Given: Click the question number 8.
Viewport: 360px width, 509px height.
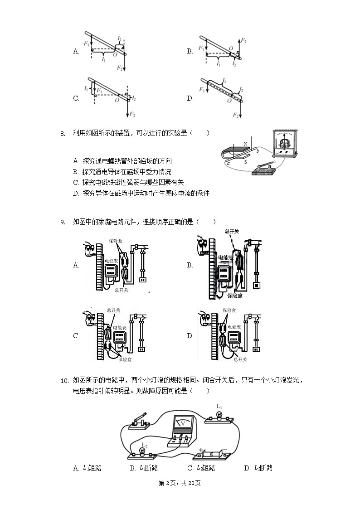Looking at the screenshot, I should click(63, 133).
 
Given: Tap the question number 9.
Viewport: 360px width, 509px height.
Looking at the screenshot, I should click(63, 222).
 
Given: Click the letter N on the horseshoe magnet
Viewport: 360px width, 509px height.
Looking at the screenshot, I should click(245, 145).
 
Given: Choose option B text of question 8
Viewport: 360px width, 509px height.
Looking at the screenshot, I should click(122, 172).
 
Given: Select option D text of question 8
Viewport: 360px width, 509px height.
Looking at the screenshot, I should click(141, 194).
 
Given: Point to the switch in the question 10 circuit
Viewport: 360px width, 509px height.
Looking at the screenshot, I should click(139, 422).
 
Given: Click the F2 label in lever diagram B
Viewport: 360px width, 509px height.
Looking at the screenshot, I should click(243, 41).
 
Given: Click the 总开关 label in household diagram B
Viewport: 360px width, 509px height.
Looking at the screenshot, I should click(232, 232).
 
